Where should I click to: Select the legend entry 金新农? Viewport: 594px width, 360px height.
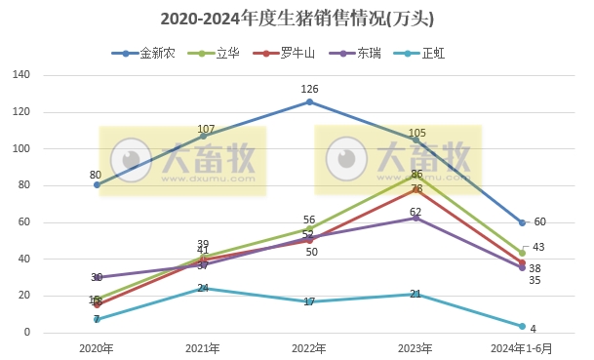157,54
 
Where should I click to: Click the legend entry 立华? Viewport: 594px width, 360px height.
227,54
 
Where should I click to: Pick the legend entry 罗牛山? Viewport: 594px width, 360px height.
298,54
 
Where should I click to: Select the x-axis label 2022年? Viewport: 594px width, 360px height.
309,348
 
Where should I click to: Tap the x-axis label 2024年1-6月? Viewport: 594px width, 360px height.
522,348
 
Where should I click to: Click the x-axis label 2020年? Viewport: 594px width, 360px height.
97,348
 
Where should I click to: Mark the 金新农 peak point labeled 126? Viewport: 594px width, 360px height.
309,101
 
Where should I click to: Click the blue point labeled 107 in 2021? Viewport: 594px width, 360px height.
203,136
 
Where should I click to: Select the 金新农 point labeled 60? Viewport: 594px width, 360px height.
522,222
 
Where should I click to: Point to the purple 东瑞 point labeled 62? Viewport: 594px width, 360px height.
416,218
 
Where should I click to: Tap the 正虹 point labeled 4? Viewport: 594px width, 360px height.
522,326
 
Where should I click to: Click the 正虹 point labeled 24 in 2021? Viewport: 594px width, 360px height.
203,289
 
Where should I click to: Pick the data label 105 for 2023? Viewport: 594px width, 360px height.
416,133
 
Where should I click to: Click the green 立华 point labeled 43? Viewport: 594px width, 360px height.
522,254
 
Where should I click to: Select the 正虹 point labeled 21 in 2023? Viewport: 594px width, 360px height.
416,294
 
